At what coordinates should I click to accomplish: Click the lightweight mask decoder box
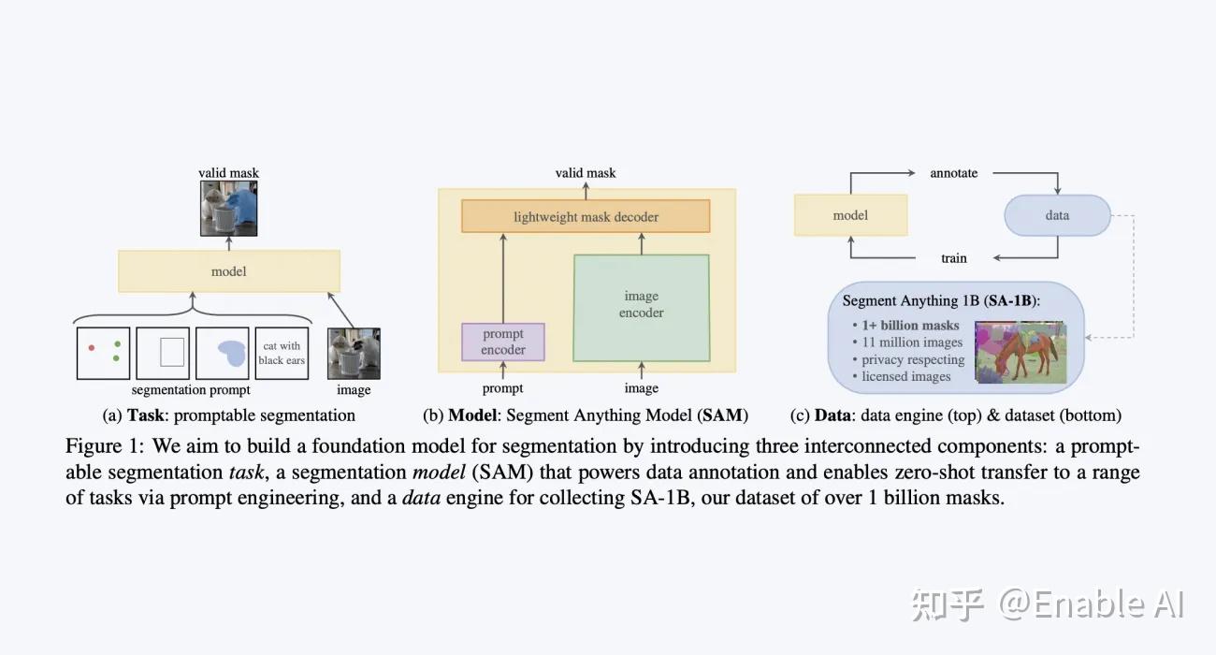pyautogui.click(x=586, y=216)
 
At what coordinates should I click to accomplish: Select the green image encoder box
pyautogui.click(x=642, y=306)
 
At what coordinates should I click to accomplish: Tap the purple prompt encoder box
pyautogui.click(x=503, y=342)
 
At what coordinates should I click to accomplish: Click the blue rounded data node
pyautogui.click(x=1057, y=215)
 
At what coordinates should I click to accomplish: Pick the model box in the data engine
pyautogui.click(x=850, y=215)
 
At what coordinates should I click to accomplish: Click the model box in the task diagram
pyautogui.click(x=229, y=271)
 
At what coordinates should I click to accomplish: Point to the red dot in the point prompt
pyautogui.click(x=91, y=348)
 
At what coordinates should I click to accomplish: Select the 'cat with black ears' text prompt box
pyautogui.click(x=282, y=353)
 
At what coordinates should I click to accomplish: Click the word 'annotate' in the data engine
pyautogui.click(x=953, y=173)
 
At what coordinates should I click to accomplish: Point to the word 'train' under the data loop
pyautogui.click(x=953, y=258)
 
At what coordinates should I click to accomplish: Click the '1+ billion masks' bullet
pyautogui.click(x=910, y=326)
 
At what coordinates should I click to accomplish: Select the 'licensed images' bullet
pyautogui.click(x=905, y=376)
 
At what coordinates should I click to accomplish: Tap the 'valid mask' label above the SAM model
pyautogui.click(x=586, y=173)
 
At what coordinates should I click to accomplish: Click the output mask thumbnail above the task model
pyautogui.click(x=229, y=208)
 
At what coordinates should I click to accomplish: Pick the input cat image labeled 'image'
pyautogui.click(x=354, y=353)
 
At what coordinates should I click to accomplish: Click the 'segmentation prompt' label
pyautogui.click(x=191, y=390)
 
